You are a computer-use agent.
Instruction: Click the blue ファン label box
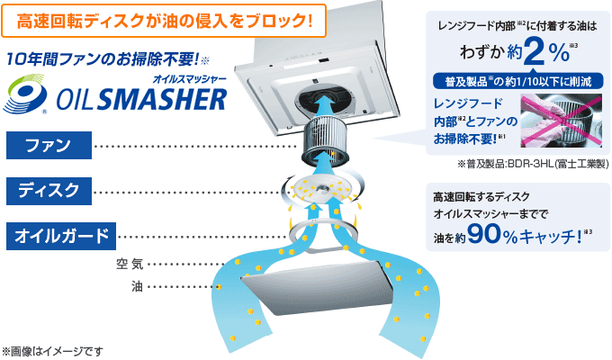(x=49, y=145)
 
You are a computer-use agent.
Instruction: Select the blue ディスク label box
(x=49, y=191)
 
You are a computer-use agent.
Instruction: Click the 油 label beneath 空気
(x=136, y=286)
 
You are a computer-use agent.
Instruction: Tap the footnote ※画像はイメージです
(x=53, y=350)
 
